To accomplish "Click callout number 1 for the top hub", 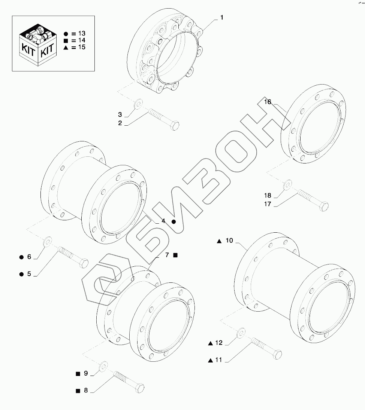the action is tap(222, 18).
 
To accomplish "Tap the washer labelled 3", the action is tap(138, 104).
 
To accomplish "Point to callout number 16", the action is tap(267, 102).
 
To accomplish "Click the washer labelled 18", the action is tap(287, 184).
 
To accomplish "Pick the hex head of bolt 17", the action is tap(324, 206).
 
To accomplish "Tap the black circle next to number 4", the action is tap(174, 222).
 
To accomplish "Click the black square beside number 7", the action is tap(175, 255).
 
